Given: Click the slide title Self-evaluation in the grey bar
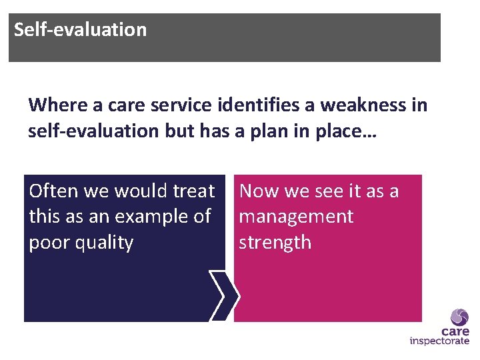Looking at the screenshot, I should click(x=80, y=30).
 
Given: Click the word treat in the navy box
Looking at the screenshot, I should click(x=193, y=191).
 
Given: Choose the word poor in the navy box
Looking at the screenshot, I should click(x=50, y=242).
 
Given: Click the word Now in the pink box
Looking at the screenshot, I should click(x=259, y=191).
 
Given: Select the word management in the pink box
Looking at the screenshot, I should click(x=296, y=217).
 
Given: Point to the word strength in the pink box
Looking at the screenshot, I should click(x=275, y=242).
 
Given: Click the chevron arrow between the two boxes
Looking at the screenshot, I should click(x=223, y=296).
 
